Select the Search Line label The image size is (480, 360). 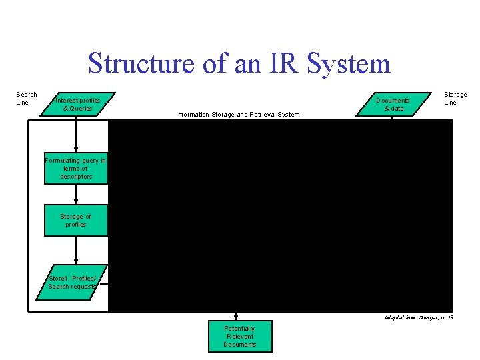point(27,99)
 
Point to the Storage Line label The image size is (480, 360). point(455,99)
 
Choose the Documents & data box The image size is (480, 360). point(393,104)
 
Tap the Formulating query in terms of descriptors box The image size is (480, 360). point(76,169)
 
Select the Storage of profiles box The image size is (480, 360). point(76,221)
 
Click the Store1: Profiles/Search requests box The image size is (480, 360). point(73,282)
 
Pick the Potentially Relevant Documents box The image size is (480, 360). point(239,337)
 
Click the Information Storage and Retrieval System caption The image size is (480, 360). point(237,115)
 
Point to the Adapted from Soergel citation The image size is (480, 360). point(419,317)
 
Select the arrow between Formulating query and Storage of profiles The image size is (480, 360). point(76,194)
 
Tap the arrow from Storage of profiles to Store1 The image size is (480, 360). point(76,251)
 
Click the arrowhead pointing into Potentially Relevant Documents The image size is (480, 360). point(236,317)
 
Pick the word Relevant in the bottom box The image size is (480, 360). point(239,337)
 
